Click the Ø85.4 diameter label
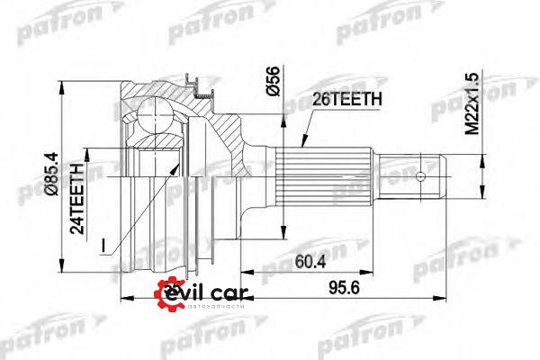click(x=53, y=175)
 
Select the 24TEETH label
click(x=77, y=198)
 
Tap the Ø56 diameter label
click(x=273, y=81)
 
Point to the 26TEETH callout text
click(x=347, y=100)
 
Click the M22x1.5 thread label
click(x=472, y=103)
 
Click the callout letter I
click(x=103, y=245)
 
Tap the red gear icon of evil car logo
click(x=167, y=294)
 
